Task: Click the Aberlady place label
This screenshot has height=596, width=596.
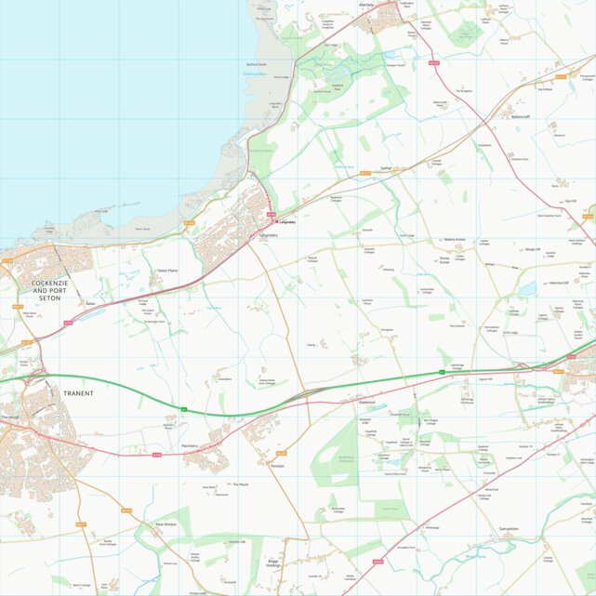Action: click(365, 5)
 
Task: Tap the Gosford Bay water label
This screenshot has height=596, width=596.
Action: click(255, 73)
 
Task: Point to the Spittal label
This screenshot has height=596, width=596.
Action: click(386, 169)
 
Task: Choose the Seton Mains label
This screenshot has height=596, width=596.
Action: click(167, 272)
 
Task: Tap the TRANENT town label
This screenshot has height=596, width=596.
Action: click(78, 393)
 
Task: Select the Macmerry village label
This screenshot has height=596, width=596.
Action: click(190, 446)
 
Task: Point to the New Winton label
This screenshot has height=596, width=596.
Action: click(166, 524)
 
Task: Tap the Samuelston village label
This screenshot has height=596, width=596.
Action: click(508, 529)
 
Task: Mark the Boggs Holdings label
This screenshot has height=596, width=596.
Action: click(272, 563)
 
